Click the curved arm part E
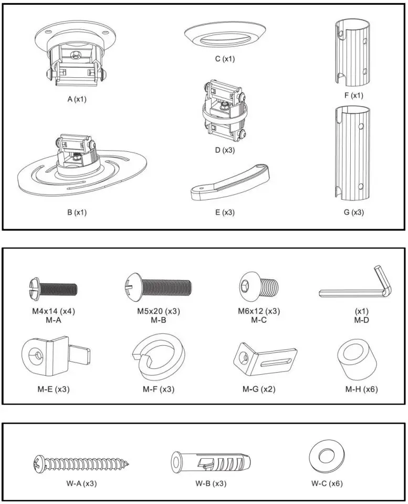229,182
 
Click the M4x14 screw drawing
52,288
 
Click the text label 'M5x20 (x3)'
158,311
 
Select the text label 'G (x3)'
350,212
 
